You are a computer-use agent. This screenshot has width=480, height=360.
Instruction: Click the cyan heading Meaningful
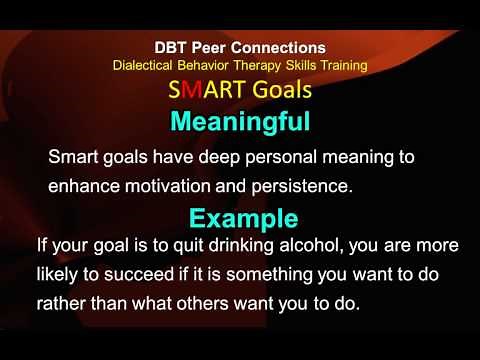239,122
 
